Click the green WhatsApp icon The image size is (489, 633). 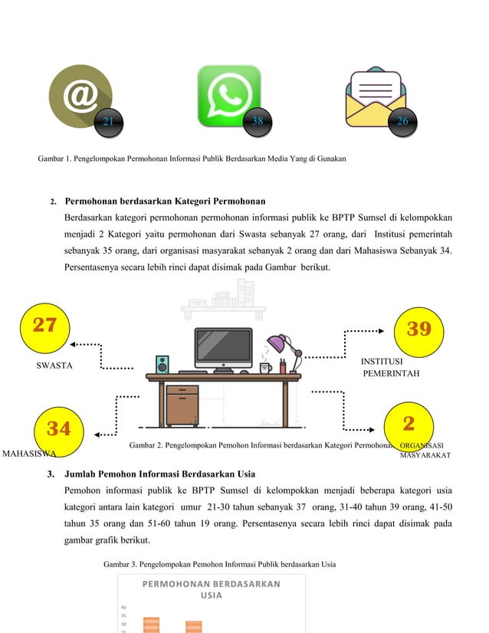[x=228, y=96]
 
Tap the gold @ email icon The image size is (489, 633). [x=80, y=96]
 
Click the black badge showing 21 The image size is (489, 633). [x=109, y=122]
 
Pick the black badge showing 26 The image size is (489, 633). [x=402, y=122]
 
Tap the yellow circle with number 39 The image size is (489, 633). [x=418, y=330]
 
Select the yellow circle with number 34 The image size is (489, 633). [x=58, y=428]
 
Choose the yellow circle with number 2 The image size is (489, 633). [x=408, y=424]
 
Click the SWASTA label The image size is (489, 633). [x=54, y=366]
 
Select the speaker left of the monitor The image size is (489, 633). [x=162, y=364]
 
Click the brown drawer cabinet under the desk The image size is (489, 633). [x=182, y=405]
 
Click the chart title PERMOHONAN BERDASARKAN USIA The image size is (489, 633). [x=211, y=589]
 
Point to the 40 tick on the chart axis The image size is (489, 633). [x=123, y=606]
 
